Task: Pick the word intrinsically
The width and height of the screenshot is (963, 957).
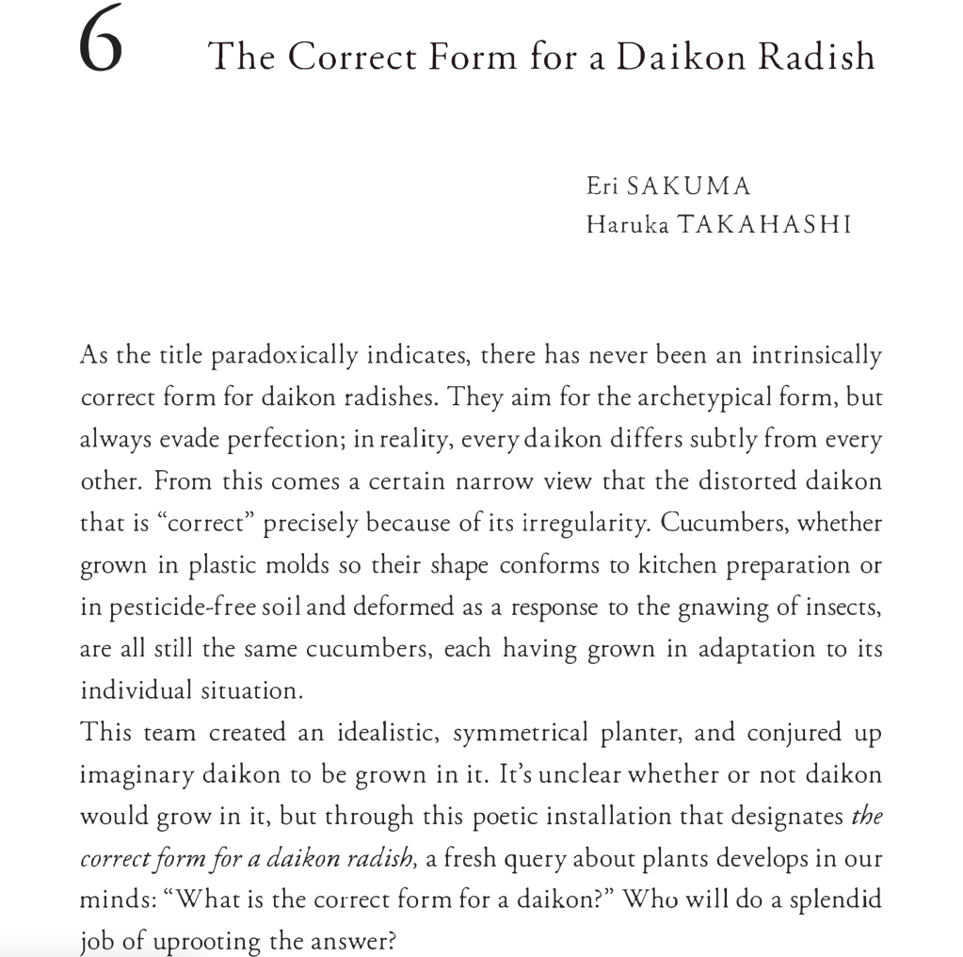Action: coord(811,357)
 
